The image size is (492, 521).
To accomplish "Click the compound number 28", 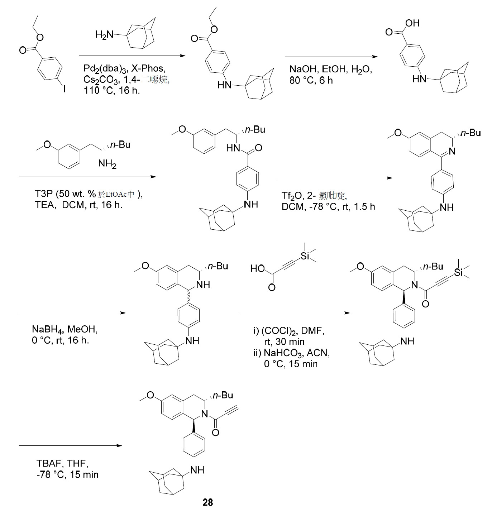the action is (x=208, y=502).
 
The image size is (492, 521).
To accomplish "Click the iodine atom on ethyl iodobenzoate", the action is (x=64, y=89).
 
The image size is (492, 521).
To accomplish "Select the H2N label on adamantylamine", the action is (x=104, y=35).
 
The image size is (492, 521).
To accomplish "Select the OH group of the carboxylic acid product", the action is (x=412, y=23).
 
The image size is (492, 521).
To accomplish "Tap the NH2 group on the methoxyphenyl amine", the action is (x=107, y=164).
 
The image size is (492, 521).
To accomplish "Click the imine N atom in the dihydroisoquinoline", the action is (x=452, y=151).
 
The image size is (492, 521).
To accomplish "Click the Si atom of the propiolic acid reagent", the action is (x=305, y=256).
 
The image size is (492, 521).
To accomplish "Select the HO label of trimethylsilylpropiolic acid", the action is (x=257, y=268).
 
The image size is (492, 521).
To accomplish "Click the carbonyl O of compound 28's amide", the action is (x=215, y=432).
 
